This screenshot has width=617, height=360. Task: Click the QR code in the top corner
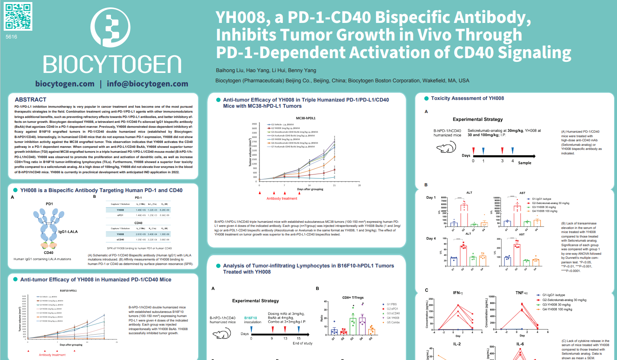point(18,16)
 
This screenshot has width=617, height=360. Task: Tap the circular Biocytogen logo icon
point(111,27)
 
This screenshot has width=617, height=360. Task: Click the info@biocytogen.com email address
point(147,84)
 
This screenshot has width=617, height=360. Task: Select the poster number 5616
point(11,37)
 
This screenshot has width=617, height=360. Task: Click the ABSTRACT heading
point(31,100)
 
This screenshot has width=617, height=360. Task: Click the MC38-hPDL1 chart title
point(305,118)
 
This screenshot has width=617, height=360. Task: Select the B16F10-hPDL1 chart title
point(68,291)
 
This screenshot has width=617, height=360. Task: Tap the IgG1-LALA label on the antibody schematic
point(68,232)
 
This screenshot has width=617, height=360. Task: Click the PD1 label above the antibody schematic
point(49,204)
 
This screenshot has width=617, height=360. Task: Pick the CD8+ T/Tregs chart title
point(353,298)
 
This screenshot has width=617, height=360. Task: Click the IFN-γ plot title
point(458,293)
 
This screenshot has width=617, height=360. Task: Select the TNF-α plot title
point(522,293)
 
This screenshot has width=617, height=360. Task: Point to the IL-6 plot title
point(520,344)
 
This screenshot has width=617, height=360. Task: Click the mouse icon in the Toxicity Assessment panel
point(446,147)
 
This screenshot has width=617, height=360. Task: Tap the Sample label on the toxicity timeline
point(524,163)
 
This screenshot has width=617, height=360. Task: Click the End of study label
point(303,344)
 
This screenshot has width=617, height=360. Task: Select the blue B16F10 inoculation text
point(251,318)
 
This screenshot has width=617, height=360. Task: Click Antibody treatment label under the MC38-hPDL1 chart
point(282,199)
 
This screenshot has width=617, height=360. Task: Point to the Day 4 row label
point(431,238)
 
